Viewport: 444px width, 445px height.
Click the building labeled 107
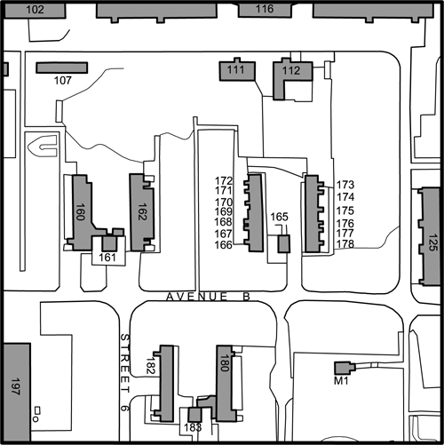click(62, 68)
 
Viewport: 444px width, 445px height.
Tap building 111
click(237, 70)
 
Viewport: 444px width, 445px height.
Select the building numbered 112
click(289, 78)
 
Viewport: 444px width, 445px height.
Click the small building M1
click(345, 368)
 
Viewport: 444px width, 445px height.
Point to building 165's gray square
click(284, 243)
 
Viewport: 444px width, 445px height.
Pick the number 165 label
click(279, 217)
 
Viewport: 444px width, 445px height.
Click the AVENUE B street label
click(209, 297)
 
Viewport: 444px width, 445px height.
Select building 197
click(17, 392)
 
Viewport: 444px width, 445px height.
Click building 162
click(141, 212)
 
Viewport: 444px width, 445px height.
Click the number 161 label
click(107, 258)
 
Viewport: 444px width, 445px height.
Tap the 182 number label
click(150, 365)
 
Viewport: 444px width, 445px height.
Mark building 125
click(429, 236)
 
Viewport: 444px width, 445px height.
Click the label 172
click(224, 180)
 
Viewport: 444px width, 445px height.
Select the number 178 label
click(345, 244)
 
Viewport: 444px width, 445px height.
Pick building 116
click(265, 10)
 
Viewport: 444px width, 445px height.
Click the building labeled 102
click(35, 10)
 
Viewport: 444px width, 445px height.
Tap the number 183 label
click(193, 427)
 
